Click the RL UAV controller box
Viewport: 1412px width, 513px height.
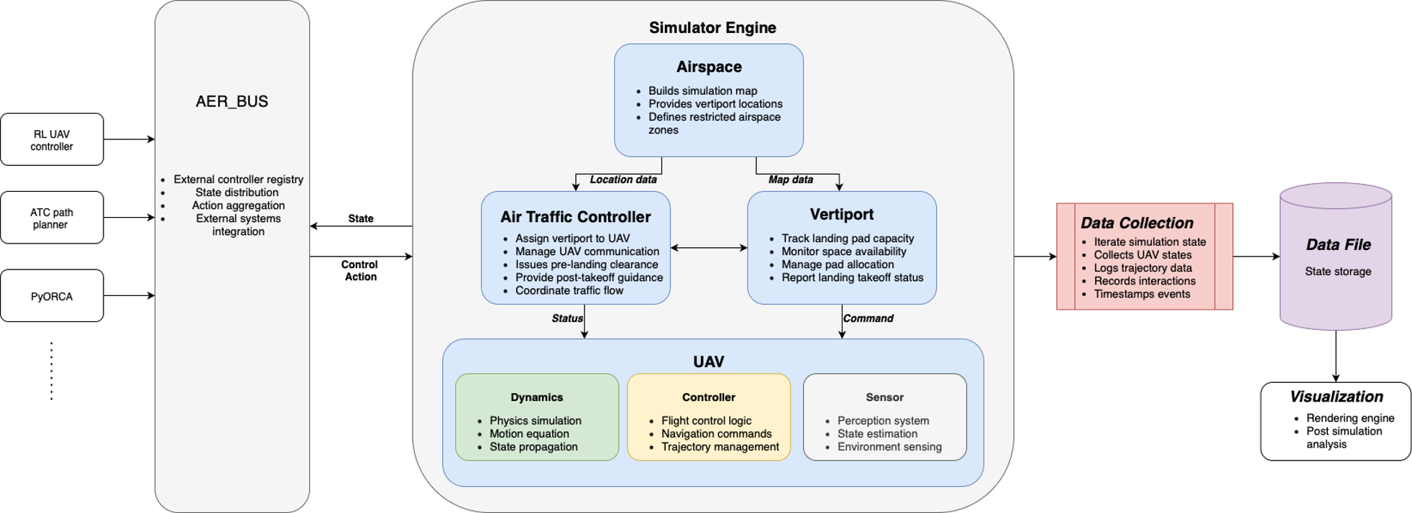coord(52,139)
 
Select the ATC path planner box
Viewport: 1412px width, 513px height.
coord(52,218)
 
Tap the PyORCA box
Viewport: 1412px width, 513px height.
coord(52,296)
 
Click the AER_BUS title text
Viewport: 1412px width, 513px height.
coord(232,101)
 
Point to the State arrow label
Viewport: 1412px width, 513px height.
coord(361,218)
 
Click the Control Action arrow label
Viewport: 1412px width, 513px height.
coord(360,271)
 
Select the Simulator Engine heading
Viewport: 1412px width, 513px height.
coord(712,28)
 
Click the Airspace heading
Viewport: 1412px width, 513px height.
coord(709,67)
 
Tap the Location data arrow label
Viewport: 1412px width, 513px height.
coord(623,180)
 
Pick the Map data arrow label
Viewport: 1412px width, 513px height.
coord(791,180)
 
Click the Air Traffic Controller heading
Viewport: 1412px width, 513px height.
coord(576,217)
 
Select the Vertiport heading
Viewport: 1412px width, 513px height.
coord(842,214)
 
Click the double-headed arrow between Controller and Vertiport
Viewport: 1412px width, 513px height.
coord(709,248)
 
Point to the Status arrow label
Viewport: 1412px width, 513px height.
coord(567,318)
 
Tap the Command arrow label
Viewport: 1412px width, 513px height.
coord(868,318)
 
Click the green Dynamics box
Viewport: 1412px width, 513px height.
coord(537,417)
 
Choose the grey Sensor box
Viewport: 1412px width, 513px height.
coord(885,417)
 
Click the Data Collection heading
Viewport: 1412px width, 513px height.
coord(1137,223)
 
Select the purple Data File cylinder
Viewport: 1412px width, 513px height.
coord(1336,256)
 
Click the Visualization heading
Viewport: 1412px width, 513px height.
coord(1336,397)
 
